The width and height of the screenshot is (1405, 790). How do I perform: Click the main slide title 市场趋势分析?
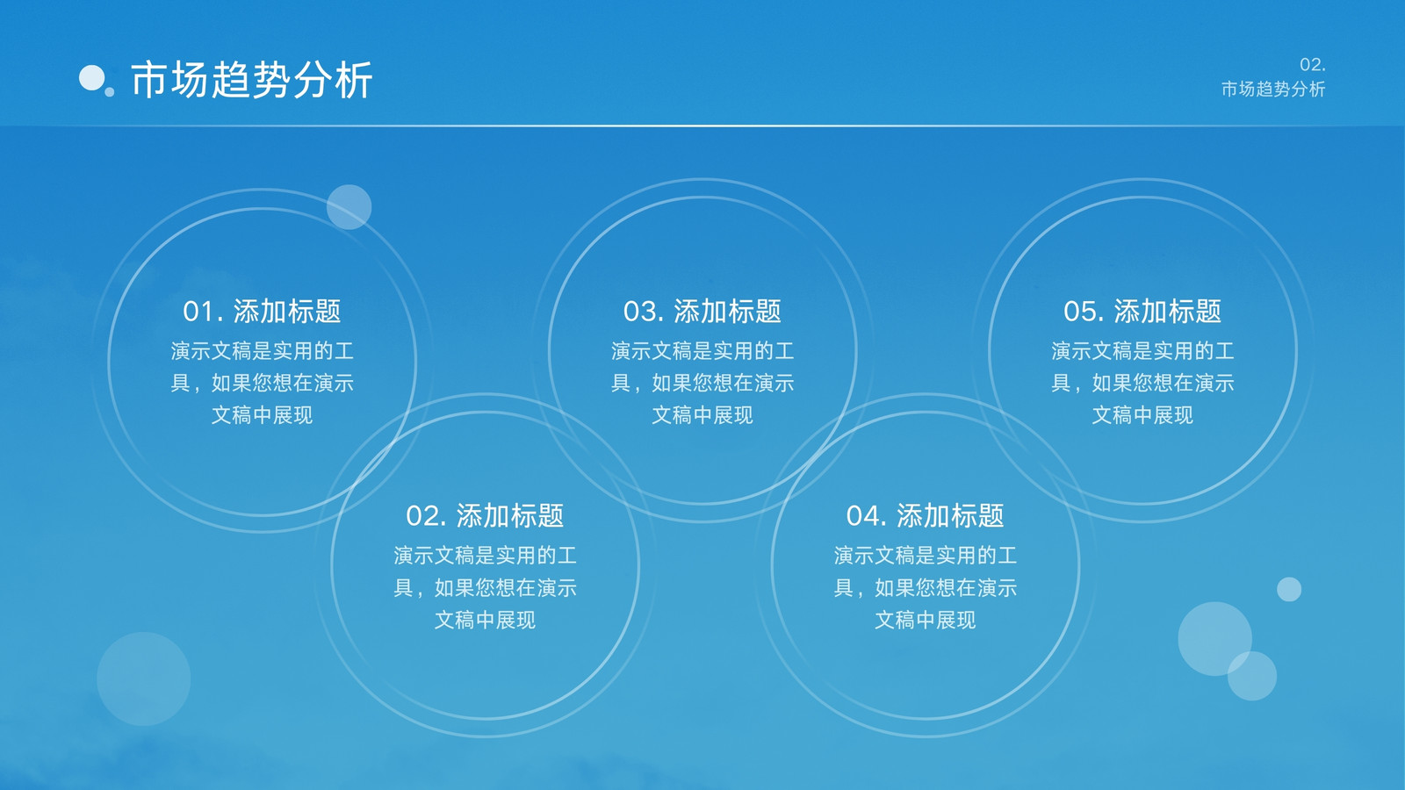click(251, 80)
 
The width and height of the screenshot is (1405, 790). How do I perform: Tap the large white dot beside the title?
click(91, 78)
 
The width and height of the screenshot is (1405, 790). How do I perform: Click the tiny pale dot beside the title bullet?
click(110, 92)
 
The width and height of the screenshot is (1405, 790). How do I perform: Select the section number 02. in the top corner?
click(1312, 65)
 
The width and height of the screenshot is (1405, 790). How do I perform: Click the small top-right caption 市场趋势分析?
click(1272, 89)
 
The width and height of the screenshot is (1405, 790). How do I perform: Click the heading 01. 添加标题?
click(262, 311)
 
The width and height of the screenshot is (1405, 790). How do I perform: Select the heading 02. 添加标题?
click(484, 515)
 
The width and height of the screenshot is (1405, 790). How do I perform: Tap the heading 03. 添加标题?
click(702, 311)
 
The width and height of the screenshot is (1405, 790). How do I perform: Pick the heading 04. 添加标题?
click(925, 515)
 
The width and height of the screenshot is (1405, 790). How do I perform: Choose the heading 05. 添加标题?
click(1142, 311)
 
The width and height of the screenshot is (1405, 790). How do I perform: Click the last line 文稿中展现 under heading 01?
click(262, 415)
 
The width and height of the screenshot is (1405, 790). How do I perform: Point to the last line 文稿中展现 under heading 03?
click(702, 415)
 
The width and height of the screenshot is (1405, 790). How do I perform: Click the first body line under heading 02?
click(485, 556)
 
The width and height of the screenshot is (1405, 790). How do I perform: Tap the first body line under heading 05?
click(1142, 351)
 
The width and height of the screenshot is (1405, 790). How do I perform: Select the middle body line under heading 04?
click(926, 588)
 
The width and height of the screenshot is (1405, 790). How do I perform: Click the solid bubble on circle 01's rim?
click(349, 207)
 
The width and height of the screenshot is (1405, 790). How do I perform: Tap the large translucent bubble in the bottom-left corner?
click(144, 679)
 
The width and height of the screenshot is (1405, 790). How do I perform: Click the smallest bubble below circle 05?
click(1289, 589)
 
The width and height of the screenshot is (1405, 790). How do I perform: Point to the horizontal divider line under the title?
click(702, 126)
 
